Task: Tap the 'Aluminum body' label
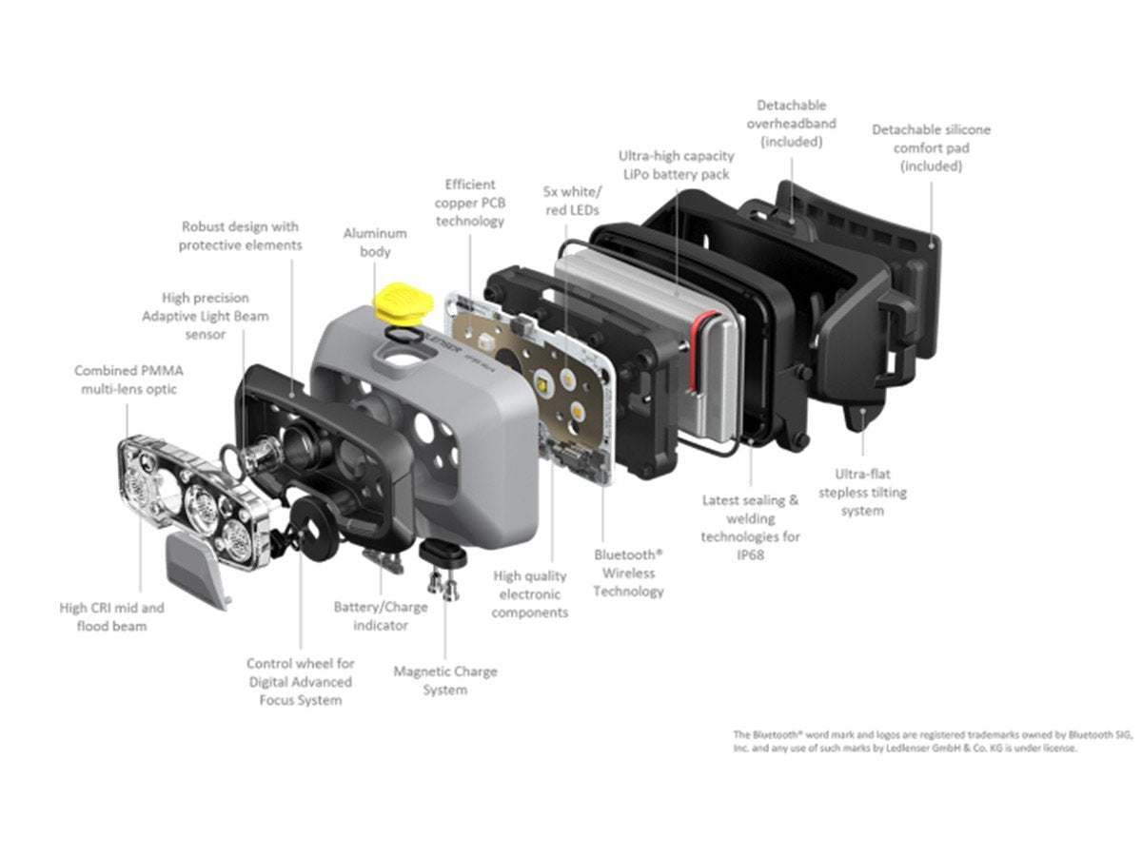tap(375, 243)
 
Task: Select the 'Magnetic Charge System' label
tap(444, 680)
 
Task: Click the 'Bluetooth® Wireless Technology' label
tap(628, 573)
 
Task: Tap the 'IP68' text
tap(750, 554)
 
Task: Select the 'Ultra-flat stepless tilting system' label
tap(862, 492)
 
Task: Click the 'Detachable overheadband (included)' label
tap(792, 124)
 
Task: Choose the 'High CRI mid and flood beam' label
tap(111, 616)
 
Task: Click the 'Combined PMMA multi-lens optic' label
tap(128, 379)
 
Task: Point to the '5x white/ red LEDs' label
tap(572, 201)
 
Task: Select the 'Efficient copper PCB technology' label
tap(470, 203)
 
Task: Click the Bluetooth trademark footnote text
tap(933, 741)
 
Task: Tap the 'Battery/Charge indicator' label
tap(381, 616)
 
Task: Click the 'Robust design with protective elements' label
tap(240, 236)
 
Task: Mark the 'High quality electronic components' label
tap(530, 593)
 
